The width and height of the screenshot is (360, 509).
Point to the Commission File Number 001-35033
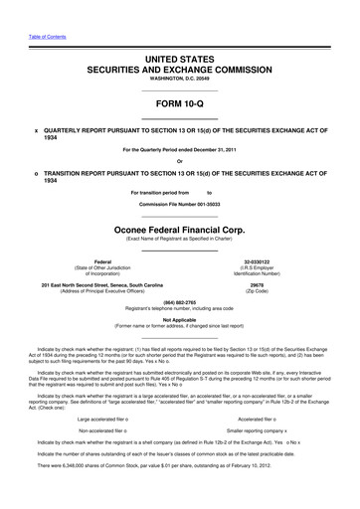[179, 204]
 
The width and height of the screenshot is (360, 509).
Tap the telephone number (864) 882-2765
[179, 302]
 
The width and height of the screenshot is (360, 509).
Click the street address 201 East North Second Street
[83, 284]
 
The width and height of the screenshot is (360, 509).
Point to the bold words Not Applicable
[179, 319]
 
